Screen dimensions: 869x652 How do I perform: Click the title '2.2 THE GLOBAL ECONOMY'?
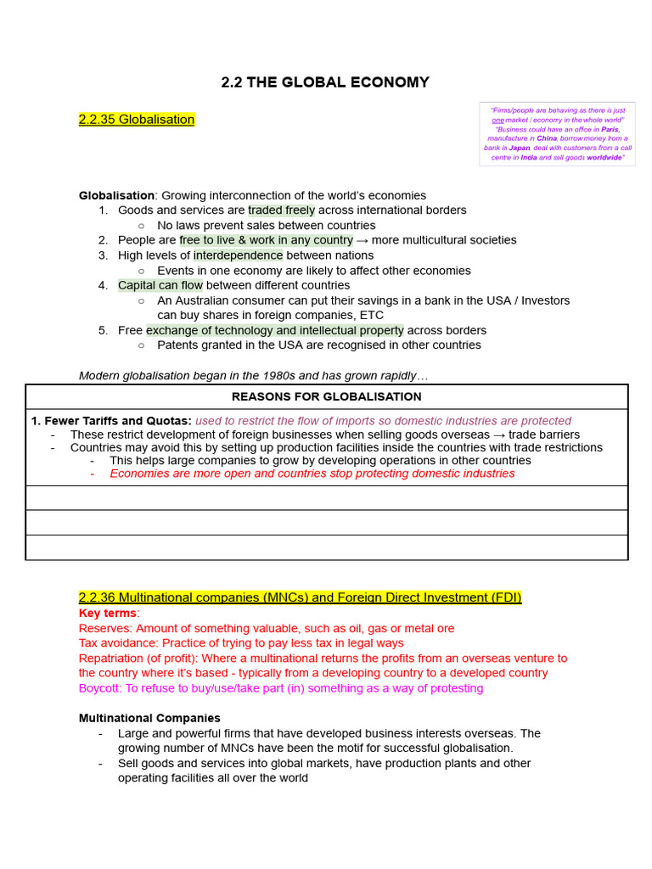point(325,82)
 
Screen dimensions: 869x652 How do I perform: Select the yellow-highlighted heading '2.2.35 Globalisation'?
point(136,120)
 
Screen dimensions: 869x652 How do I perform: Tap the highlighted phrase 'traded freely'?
point(281,210)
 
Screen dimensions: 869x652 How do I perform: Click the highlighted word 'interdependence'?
point(239,255)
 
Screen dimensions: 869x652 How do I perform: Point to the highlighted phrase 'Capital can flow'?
point(160,285)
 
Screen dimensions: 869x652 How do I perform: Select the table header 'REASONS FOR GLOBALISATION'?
point(327,396)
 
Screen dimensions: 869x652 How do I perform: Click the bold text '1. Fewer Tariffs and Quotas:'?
point(111,421)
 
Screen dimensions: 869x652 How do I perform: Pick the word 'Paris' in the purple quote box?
point(610,129)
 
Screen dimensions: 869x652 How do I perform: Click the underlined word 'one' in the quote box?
point(498,120)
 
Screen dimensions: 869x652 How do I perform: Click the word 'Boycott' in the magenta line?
point(99,688)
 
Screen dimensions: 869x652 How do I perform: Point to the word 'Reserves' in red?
point(103,628)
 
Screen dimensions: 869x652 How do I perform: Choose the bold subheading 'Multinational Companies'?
point(149,718)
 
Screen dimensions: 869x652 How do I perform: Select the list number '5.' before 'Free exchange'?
point(103,330)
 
